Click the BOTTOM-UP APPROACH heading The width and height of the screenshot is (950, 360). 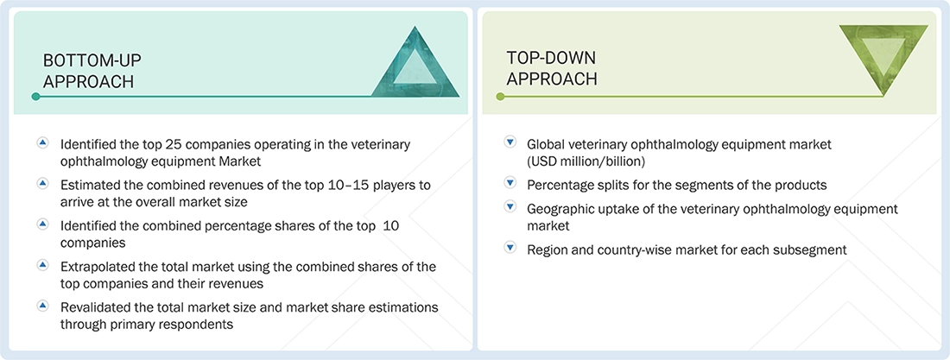pos(92,71)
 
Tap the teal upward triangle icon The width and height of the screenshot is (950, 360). pos(414,62)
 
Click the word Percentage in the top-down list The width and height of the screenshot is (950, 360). pos(560,185)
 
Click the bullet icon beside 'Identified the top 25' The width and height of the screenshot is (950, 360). pos(42,143)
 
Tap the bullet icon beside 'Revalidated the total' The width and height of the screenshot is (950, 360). pos(42,306)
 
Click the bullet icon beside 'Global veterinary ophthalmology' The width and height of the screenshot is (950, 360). pos(509,143)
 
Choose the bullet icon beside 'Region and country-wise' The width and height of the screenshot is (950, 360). pos(509,249)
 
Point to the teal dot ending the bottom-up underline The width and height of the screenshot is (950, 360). pos(35,97)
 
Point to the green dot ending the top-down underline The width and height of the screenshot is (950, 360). pos(499,97)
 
